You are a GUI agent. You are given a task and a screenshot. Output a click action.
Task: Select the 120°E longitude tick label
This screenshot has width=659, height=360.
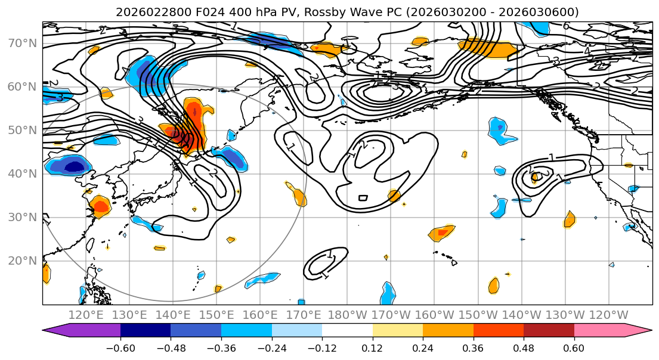pos(86,314)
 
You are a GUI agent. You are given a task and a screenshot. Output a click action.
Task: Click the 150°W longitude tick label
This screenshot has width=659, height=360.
pos(478,314)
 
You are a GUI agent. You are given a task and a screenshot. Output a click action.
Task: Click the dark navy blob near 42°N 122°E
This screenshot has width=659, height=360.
pos(75,166)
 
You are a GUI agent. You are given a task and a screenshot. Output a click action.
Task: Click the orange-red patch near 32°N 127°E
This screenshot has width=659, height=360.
pos(100,207)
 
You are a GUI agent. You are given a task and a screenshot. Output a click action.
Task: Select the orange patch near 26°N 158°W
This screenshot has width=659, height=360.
pos(442,232)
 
